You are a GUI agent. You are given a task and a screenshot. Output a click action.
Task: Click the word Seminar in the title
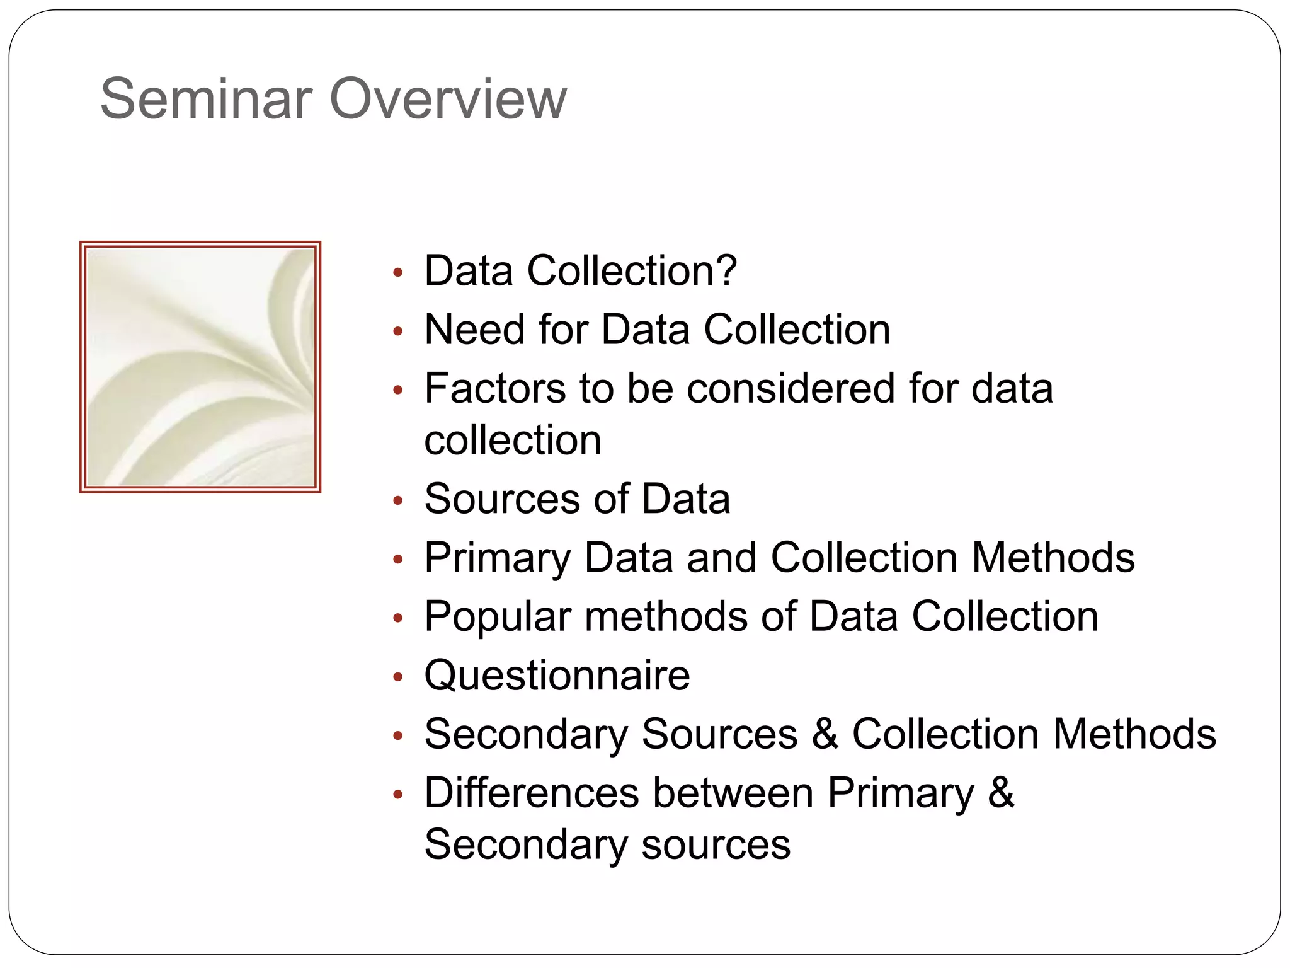click(206, 98)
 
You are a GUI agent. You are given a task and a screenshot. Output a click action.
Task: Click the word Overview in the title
click(448, 98)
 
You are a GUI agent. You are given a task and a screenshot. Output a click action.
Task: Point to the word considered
click(791, 388)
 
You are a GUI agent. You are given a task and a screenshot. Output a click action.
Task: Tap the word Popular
click(498, 617)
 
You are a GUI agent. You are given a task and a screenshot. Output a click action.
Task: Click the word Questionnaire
click(557, 676)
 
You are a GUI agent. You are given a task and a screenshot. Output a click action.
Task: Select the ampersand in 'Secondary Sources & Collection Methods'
click(825, 734)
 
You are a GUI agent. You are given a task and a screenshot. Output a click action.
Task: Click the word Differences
click(532, 793)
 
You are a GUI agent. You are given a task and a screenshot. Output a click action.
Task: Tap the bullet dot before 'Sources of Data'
click(397, 501)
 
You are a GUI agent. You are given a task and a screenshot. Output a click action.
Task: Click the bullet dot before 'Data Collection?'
click(397, 273)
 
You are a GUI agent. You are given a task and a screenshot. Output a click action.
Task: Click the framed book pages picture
click(200, 367)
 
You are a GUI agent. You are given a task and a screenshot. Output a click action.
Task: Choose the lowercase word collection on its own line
click(512, 440)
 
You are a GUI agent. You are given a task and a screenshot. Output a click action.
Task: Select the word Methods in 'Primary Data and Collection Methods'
click(1053, 558)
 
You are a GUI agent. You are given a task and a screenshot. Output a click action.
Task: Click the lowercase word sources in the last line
click(716, 844)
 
